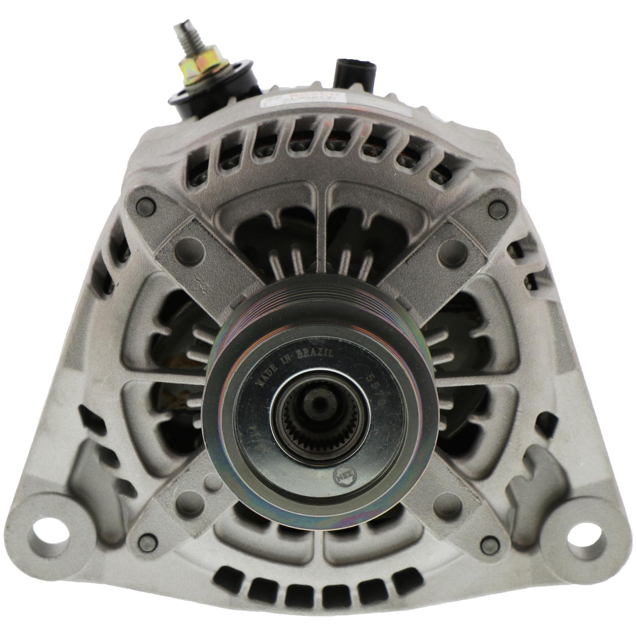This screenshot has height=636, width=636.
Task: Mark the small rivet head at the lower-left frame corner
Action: click(x=148, y=542)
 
